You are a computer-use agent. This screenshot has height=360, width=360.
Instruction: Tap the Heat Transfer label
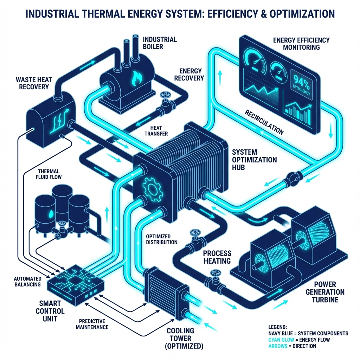(x=156, y=130)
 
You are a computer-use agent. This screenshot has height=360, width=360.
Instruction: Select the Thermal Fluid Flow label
(x=49, y=174)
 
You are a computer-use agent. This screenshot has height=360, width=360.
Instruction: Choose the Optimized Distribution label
(x=162, y=239)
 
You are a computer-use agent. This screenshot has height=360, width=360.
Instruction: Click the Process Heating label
(x=217, y=257)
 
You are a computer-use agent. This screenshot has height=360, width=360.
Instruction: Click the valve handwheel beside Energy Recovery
(x=164, y=96)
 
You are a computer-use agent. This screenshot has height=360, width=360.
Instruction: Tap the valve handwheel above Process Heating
(x=194, y=234)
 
